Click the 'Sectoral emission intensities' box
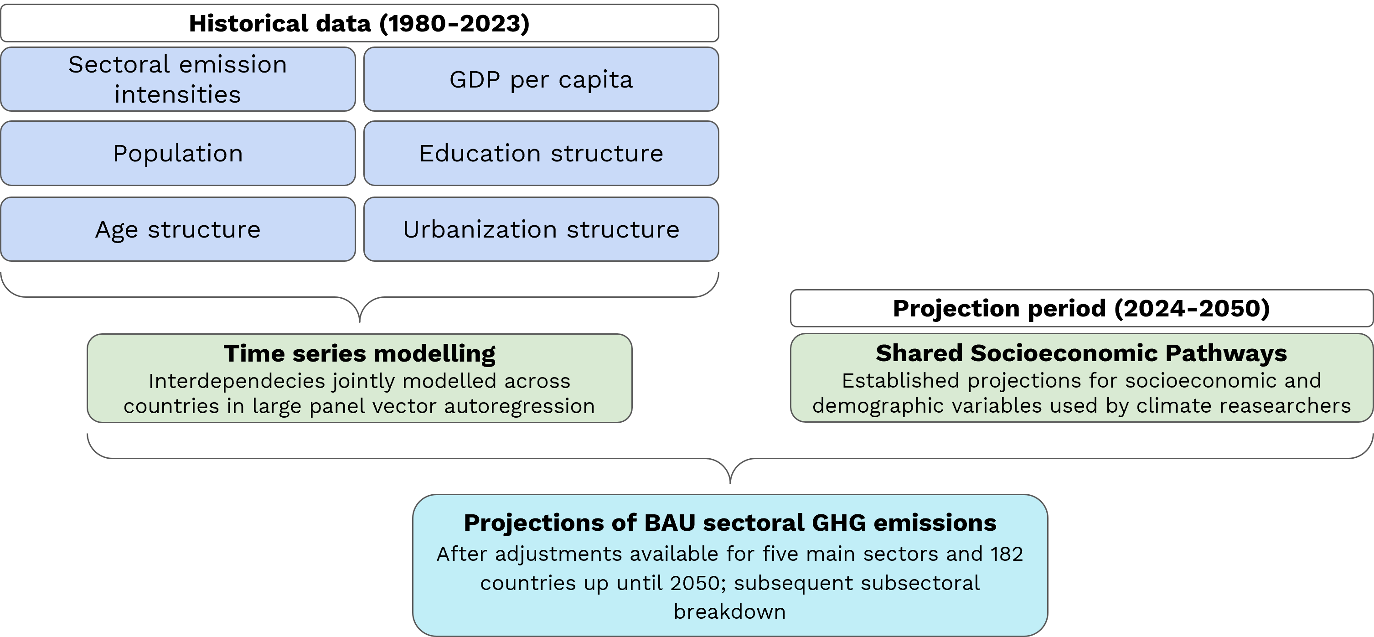coord(178,79)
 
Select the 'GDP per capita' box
coord(541,79)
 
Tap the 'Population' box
coord(178,153)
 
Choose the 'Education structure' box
coord(541,153)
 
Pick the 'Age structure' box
coord(178,229)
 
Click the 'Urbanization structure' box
coord(541,229)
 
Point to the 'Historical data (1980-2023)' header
coord(360,23)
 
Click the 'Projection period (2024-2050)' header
coord(1081,308)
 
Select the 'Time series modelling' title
coord(360,354)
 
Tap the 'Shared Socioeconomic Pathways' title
coord(1081,353)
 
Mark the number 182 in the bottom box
coord(1007,554)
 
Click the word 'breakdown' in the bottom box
coord(730,611)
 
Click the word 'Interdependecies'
coord(237,381)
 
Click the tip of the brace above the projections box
coord(730,483)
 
